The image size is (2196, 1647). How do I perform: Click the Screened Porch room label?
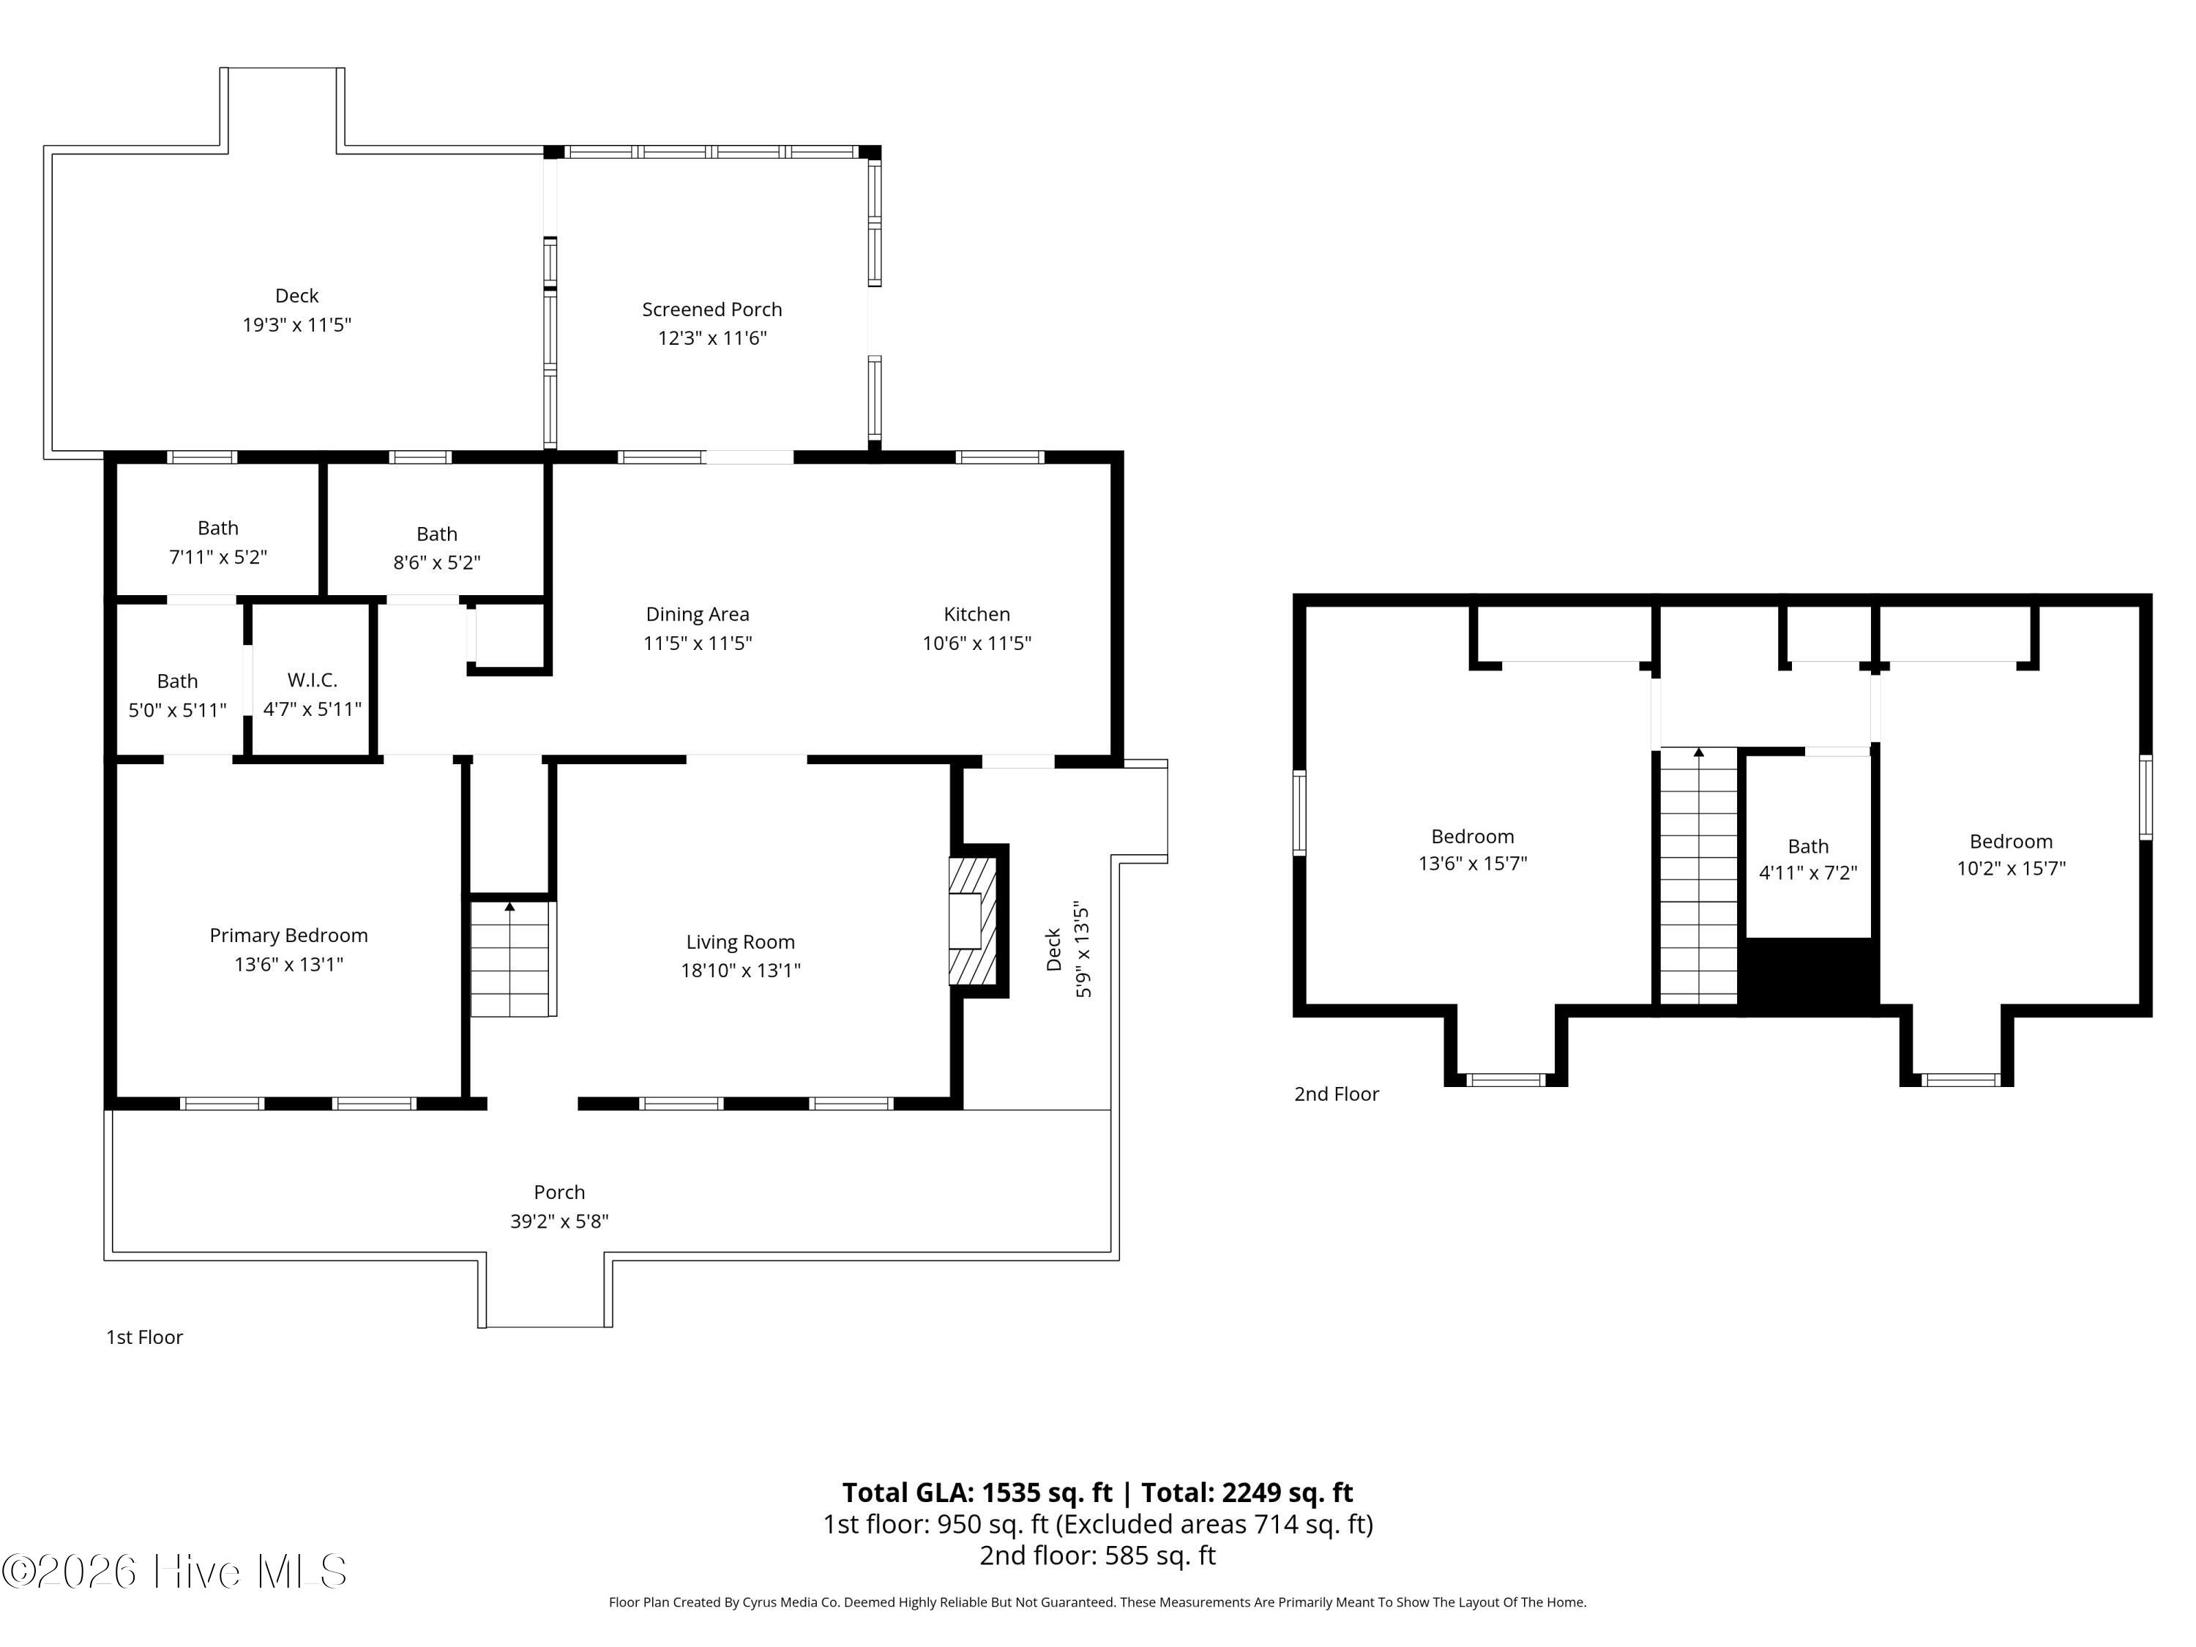tap(712, 310)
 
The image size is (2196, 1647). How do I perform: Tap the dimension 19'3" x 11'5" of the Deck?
tap(297, 324)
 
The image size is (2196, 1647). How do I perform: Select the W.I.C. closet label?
tap(313, 681)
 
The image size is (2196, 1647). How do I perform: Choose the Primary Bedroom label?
tap(289, 935)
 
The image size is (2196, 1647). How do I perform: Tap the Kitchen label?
tap(977, 615)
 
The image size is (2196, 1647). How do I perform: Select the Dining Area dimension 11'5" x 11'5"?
tap(698, 643)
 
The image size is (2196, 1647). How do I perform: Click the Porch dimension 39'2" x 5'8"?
tap(560, 1221)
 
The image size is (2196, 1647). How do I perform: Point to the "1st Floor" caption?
tap(145, 1337)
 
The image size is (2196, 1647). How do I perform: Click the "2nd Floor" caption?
tap(1336, 1094)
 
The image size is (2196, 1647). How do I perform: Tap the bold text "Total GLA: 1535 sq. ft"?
tap(977, 1492)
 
